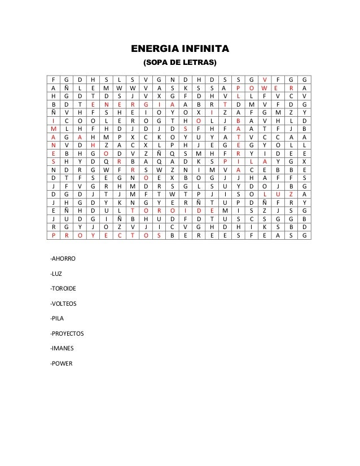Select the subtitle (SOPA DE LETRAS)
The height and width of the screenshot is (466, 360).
click(x=180, y=61)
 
